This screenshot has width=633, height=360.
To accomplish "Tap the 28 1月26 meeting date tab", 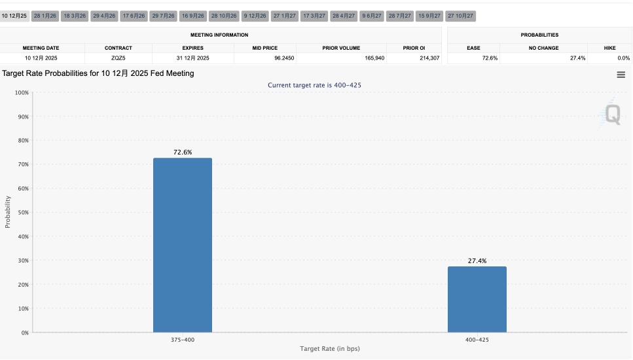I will tap(45, 15).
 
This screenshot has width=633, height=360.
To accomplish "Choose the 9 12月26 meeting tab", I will tap(255, 15).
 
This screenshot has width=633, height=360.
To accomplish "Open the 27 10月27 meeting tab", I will tap(460, 15).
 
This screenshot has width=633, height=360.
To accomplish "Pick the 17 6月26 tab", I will tap(134, 15).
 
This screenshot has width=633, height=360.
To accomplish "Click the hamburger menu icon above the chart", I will tap(621, 75).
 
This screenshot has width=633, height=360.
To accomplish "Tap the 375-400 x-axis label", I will tap(183, 340).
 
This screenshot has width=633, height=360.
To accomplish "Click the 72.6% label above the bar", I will tap(183, 152).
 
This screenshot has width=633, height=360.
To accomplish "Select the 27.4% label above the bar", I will tap(477, 261).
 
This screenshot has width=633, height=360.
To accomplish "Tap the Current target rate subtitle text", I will tap(315, 85).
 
